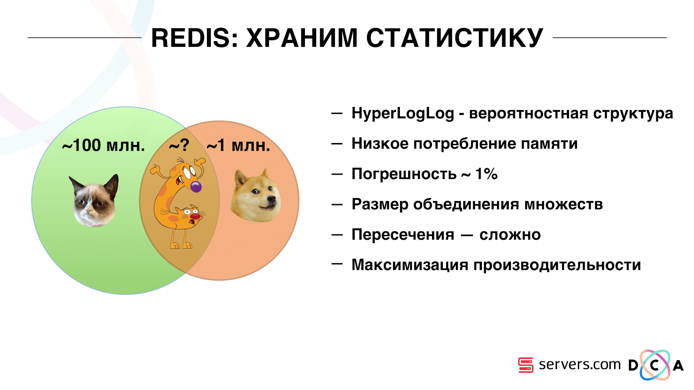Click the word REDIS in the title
(191, 38)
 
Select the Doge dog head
(255, 196)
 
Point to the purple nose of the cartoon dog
(196, 187)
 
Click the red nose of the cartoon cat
(195, 216)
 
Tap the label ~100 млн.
(103, 146)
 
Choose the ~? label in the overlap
(179, 146)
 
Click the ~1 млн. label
(238, 146)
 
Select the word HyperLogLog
(403, 114)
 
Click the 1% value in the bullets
(486, 174)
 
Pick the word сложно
(510, 235)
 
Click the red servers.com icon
(525, 365)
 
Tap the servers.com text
(579, 365)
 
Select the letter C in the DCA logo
(655, 366)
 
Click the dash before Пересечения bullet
(337, 235)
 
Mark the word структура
(633, 114)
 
